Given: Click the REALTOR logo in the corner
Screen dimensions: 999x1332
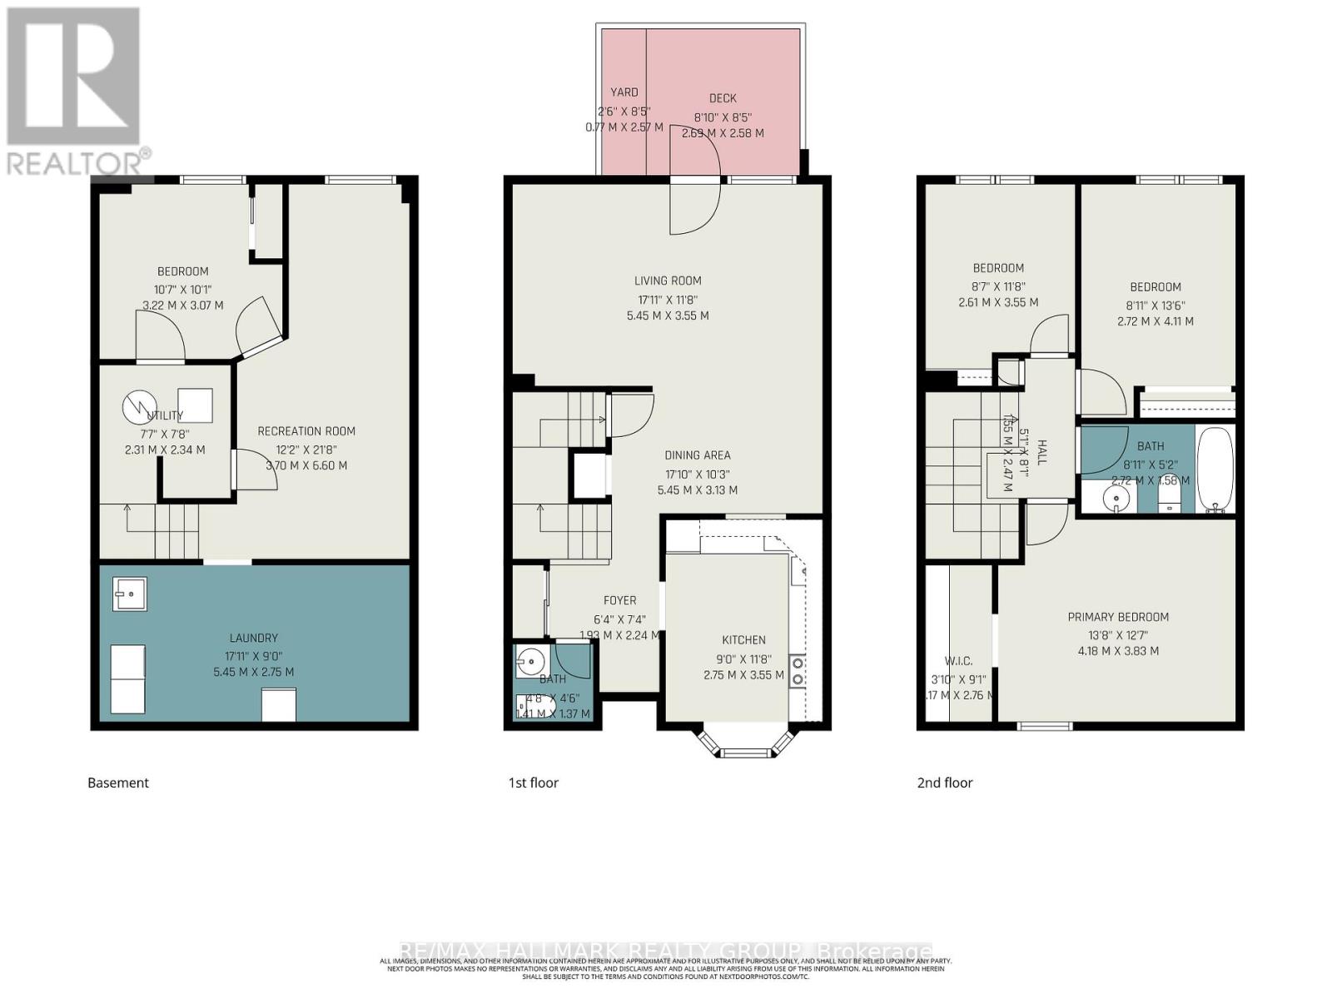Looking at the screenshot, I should (74, 91).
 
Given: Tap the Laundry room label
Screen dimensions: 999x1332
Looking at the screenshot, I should (253, 638).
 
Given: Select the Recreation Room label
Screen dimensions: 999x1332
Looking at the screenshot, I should (306, 431).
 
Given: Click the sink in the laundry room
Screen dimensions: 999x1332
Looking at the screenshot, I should (129, 594).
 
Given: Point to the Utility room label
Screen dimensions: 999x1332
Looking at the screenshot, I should (165, 415).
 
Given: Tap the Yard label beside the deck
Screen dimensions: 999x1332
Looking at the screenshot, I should (624, 92).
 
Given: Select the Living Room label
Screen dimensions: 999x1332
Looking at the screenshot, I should (668, 281).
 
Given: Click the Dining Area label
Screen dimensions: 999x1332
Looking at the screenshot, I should (698, 455).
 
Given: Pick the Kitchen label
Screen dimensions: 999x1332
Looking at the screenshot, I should (743, 640).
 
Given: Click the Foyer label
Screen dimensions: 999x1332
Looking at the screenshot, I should (619, 600).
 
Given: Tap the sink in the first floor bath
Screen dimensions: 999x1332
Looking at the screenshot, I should (529, 662).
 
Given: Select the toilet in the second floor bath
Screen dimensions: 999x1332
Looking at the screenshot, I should (1169, 498).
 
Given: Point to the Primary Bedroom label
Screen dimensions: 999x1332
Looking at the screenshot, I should (1118, 617).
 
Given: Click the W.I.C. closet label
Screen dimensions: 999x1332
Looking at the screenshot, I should (958, 661).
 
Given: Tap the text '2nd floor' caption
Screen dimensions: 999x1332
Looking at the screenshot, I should (944, 783).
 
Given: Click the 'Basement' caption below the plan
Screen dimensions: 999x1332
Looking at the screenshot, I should (118, 783).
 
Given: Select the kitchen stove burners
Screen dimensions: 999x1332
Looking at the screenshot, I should (798, 671).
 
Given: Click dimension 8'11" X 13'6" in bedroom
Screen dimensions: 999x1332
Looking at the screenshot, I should (1155, 305).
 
